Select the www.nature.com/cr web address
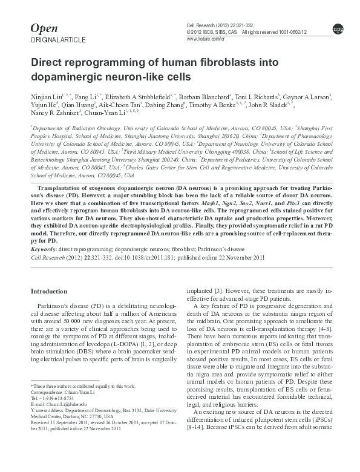pyautogui.click(x=206, y=38)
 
